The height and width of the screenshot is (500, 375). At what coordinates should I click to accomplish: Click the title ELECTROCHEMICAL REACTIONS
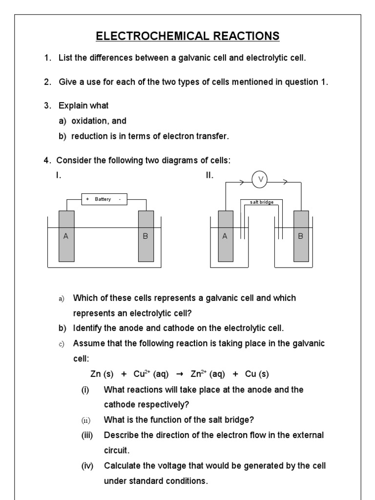pos(187,36)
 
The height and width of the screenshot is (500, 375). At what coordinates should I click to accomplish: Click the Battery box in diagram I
pos(104,199)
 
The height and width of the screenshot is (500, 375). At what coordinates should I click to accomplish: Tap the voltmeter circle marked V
pos(260,180)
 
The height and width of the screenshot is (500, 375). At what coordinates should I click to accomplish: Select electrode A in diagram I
pos(66,236)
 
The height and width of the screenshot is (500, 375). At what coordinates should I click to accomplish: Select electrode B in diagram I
pos(146,236)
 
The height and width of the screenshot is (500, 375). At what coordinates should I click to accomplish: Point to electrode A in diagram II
pos(225,236)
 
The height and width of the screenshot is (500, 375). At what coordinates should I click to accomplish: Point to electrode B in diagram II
pos(301,236)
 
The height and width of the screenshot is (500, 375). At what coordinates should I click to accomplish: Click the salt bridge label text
pos(261,202)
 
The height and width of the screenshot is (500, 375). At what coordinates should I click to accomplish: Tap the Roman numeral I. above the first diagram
pos(59,176)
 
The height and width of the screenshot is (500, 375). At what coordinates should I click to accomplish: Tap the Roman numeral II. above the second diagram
pos(209,176)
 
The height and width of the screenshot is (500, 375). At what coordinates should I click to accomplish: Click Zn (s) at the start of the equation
pos(102,375)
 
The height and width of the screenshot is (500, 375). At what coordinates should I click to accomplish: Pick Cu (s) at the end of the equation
pos(257,375)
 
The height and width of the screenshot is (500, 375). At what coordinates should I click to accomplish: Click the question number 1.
pos(47,58)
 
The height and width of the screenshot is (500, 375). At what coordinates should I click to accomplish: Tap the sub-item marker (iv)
pos(87,466)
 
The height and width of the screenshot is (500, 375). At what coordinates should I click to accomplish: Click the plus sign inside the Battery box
pos(87,199)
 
